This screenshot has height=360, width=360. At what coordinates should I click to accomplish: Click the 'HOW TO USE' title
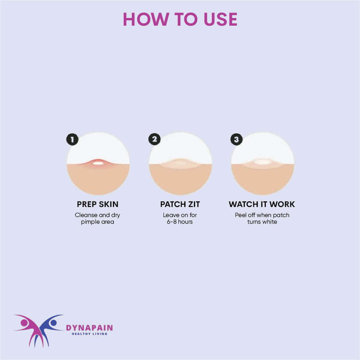click(180, 19)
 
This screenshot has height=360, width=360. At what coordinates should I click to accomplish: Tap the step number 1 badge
click(72, 139)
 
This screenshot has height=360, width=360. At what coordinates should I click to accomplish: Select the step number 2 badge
click(155, 139)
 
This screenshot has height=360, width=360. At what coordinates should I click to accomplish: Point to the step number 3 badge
click(237, 139)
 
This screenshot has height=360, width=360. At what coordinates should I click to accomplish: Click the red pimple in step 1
click(98, 163)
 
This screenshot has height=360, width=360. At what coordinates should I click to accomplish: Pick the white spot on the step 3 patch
click(262, 162)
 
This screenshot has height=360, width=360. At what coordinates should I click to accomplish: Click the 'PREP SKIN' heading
click(98, 204)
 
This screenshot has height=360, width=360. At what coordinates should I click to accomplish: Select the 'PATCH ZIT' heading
click(180, 204)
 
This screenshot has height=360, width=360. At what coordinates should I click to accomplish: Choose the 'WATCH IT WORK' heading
click(262, 204)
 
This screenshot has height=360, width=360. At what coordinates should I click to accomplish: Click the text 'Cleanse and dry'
click(98, 215)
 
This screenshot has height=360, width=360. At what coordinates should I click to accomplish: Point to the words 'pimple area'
click(98, 222)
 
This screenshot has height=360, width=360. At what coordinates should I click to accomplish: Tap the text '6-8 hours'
click(180, 222)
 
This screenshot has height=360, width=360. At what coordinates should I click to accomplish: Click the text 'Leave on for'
click(180, 215)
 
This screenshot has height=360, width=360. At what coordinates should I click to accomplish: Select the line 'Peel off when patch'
click(262, 215)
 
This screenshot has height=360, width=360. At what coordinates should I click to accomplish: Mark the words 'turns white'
click(262, 222)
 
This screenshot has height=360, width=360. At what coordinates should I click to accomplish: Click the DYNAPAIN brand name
click(89, 328)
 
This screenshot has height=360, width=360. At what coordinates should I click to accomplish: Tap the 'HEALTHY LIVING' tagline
click(89, 334)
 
